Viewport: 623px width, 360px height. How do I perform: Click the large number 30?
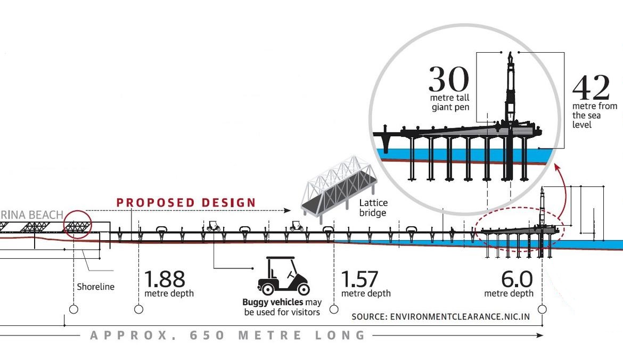point(448,79)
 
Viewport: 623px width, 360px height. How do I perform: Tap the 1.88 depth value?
point(165,279)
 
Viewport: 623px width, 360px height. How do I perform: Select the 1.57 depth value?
point(359,279)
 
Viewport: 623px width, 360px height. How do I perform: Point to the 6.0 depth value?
point(517,279)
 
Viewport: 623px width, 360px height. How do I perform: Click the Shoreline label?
point(96,287)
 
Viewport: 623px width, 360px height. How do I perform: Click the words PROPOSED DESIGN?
point(186,202)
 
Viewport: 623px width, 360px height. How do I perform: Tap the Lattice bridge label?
point(373,208)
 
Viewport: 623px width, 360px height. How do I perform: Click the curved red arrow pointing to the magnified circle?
point(559,186)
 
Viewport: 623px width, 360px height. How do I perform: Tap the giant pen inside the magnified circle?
point(510,88)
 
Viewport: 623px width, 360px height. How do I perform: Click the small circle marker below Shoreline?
point(73,309)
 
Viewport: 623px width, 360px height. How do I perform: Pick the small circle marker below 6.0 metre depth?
point(542,309)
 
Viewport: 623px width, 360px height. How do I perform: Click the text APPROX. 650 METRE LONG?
point(228,335)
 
